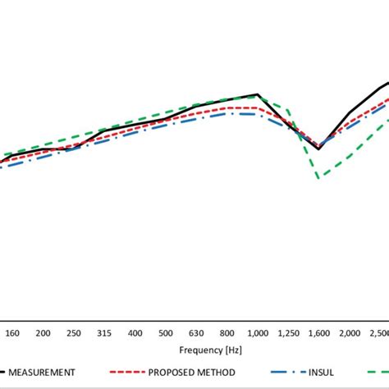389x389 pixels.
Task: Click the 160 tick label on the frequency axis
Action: click(x=12, y=333)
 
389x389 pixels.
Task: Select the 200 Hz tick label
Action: click(x=43, y=333)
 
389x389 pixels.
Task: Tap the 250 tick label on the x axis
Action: click(x=73, y=333)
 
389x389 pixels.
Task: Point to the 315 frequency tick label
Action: click(x=104, y=333)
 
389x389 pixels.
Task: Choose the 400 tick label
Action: click(x=135, y=333)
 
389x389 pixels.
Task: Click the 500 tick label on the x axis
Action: click(x=166, y=333)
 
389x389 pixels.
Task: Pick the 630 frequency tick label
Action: click(x=196, y=333)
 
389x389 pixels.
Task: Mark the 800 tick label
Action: click(x=227, y=333)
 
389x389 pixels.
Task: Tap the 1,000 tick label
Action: click(x=258, y=333)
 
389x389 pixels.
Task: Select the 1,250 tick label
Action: click(x=288, y=333)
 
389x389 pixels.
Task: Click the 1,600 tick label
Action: click(x=319, y=333)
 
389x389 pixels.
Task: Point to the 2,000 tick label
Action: click(x=350, y=333)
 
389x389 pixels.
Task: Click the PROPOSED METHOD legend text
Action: click(x=188, y=372)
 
